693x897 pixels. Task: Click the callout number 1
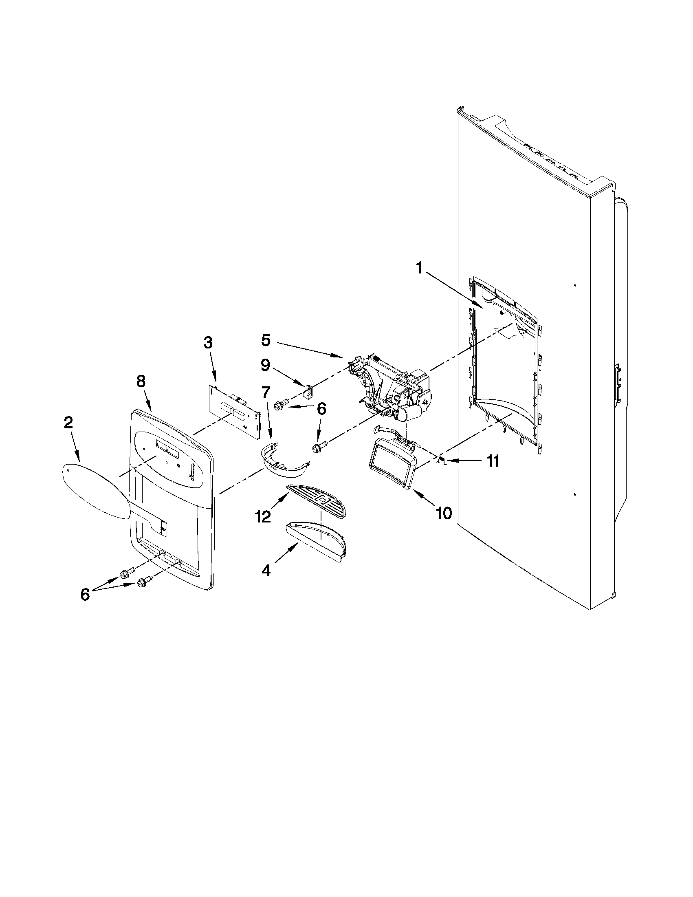(419, 269)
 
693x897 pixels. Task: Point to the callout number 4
(266, 571)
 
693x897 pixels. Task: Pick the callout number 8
(141, 381)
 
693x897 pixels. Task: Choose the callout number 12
(263, 516)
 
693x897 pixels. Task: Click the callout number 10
(444, 513)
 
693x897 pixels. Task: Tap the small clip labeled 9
(307, 391)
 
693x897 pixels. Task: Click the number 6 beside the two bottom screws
(85, 594)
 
